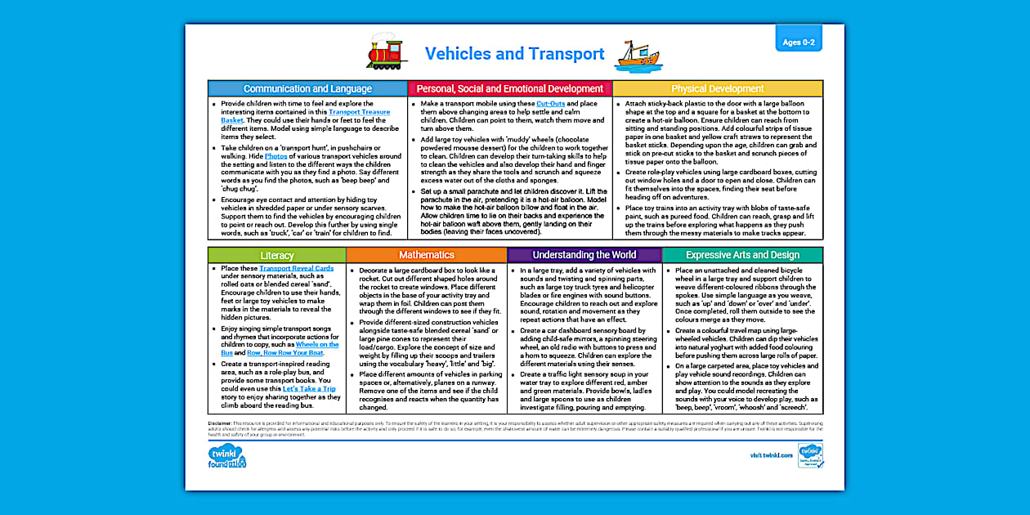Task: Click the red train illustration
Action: point(387,52)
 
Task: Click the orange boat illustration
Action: point(638,56)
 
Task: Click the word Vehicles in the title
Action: point(460,54)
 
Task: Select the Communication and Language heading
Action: point(307,88)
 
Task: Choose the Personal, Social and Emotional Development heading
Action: point(509,88)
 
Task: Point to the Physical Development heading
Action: point(717,88)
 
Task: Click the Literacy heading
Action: point(276,255)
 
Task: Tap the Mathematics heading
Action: point(426,255)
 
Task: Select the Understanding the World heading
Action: point(584,255)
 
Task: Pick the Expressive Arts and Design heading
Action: point(742,255)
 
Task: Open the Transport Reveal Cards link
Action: point(296,268)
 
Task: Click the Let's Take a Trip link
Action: point(308,388)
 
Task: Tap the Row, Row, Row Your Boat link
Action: point(284,352)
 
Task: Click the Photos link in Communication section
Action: point(275,155)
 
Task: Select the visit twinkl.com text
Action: point(770,455)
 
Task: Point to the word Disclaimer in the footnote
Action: point(221,423)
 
